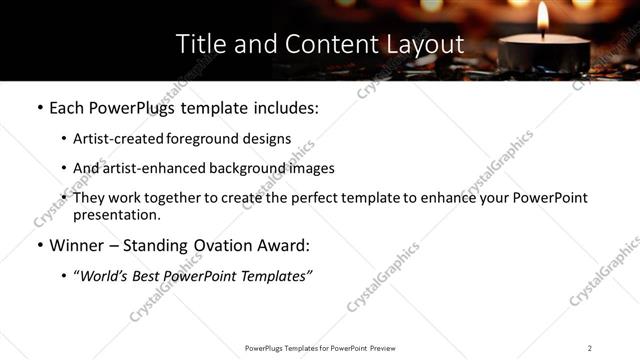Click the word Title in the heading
pyautogui.click(x=198, y=44)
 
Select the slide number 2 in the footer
pyautogui.click(x=590, y=348)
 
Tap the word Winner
pyautogui.click(x=76, y=245)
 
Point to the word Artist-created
pyautogui.click(x=111, y=139)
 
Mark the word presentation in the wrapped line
pyautogui.click(x=116, y=215)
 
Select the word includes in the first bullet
pyautogui.click(x=287, y=107)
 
